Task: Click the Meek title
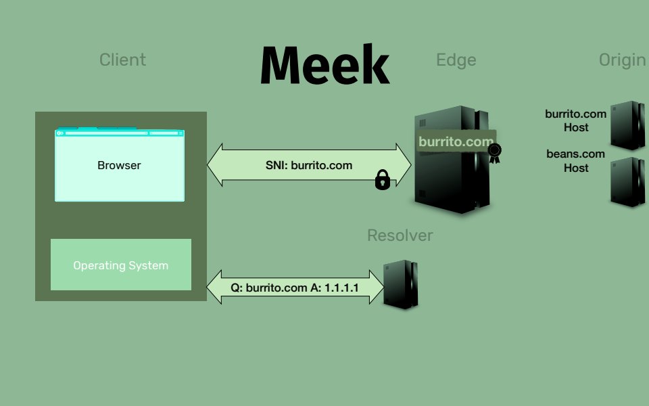(x=324, y=65)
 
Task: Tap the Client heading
(x=122, y=60)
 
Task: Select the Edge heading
(x=456, y=60)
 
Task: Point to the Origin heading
(x=622, y=60)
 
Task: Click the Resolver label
(x=400, y=235)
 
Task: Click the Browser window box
(x=119, y=165)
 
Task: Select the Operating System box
(x=121, y=265)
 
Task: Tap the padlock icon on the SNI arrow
(x=383, y=180)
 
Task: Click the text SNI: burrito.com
(x=309, y=165)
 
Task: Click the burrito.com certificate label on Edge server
(x=456, y=142)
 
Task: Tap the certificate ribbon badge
(x=496, y=152)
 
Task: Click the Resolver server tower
(x=401, y=285)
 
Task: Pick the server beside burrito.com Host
(x=627, y=125)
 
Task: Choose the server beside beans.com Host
(x=627, y=181)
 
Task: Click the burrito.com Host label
(x=576, y=120)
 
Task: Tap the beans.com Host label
(x=576, y=161)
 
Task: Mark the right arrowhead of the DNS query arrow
(x=375, y=287)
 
